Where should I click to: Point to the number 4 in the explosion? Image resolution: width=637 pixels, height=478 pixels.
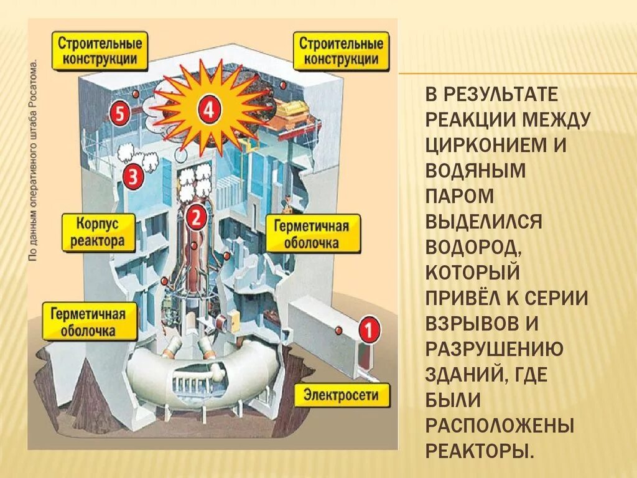[x=208, y=111]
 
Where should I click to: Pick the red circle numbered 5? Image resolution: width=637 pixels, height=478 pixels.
[x=119, y=113]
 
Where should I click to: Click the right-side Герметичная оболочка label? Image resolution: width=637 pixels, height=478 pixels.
[x=312, y=234]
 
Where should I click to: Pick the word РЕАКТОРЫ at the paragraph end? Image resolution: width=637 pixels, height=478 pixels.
[x=480, y=450]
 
